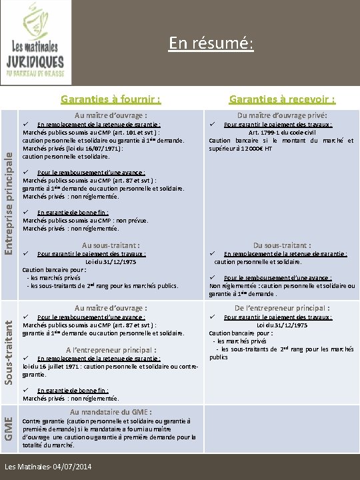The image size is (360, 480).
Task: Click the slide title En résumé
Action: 211,43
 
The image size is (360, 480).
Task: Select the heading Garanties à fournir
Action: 111,100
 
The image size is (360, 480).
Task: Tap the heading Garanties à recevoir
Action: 282,100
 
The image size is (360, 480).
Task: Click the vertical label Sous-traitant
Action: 9,350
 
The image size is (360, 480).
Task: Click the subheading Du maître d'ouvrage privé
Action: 281,115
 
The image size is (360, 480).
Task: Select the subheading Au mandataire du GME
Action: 111,412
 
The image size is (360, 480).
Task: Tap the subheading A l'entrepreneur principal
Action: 111,349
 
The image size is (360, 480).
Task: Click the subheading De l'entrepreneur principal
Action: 282,308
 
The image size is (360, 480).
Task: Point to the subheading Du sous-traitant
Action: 282,245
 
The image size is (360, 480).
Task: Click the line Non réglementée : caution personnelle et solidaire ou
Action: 282,285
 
